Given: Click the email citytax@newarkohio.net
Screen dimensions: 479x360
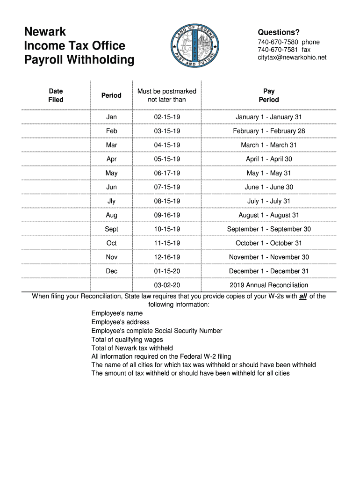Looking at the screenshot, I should point(292,58).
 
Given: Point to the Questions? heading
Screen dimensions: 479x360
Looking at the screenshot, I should point(279,32).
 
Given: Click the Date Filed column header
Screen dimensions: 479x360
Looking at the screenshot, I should point(56,95).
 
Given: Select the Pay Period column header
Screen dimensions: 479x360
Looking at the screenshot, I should point(269,95).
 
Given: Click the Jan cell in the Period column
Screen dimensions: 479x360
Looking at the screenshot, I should point(111,117).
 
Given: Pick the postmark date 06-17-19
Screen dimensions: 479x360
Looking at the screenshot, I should point(167,173).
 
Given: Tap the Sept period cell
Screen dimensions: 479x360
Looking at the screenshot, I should point(111,229).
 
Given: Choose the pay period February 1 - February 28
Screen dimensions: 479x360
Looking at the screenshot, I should point(269,131).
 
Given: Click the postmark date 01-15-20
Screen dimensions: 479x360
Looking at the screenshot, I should point(167,271).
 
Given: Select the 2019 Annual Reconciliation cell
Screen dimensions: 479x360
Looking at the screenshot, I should point(269,285).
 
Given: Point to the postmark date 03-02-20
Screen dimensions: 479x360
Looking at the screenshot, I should point(167,285).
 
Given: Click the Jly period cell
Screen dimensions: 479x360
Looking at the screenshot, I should point(111,201).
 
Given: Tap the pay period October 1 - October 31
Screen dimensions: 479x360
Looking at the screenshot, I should point(269,243).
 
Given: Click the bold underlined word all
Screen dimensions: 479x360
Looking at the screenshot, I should point(303,296).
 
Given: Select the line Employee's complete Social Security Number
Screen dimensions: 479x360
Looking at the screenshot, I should point(157,331).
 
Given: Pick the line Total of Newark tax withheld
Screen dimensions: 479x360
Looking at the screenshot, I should point(132,348).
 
